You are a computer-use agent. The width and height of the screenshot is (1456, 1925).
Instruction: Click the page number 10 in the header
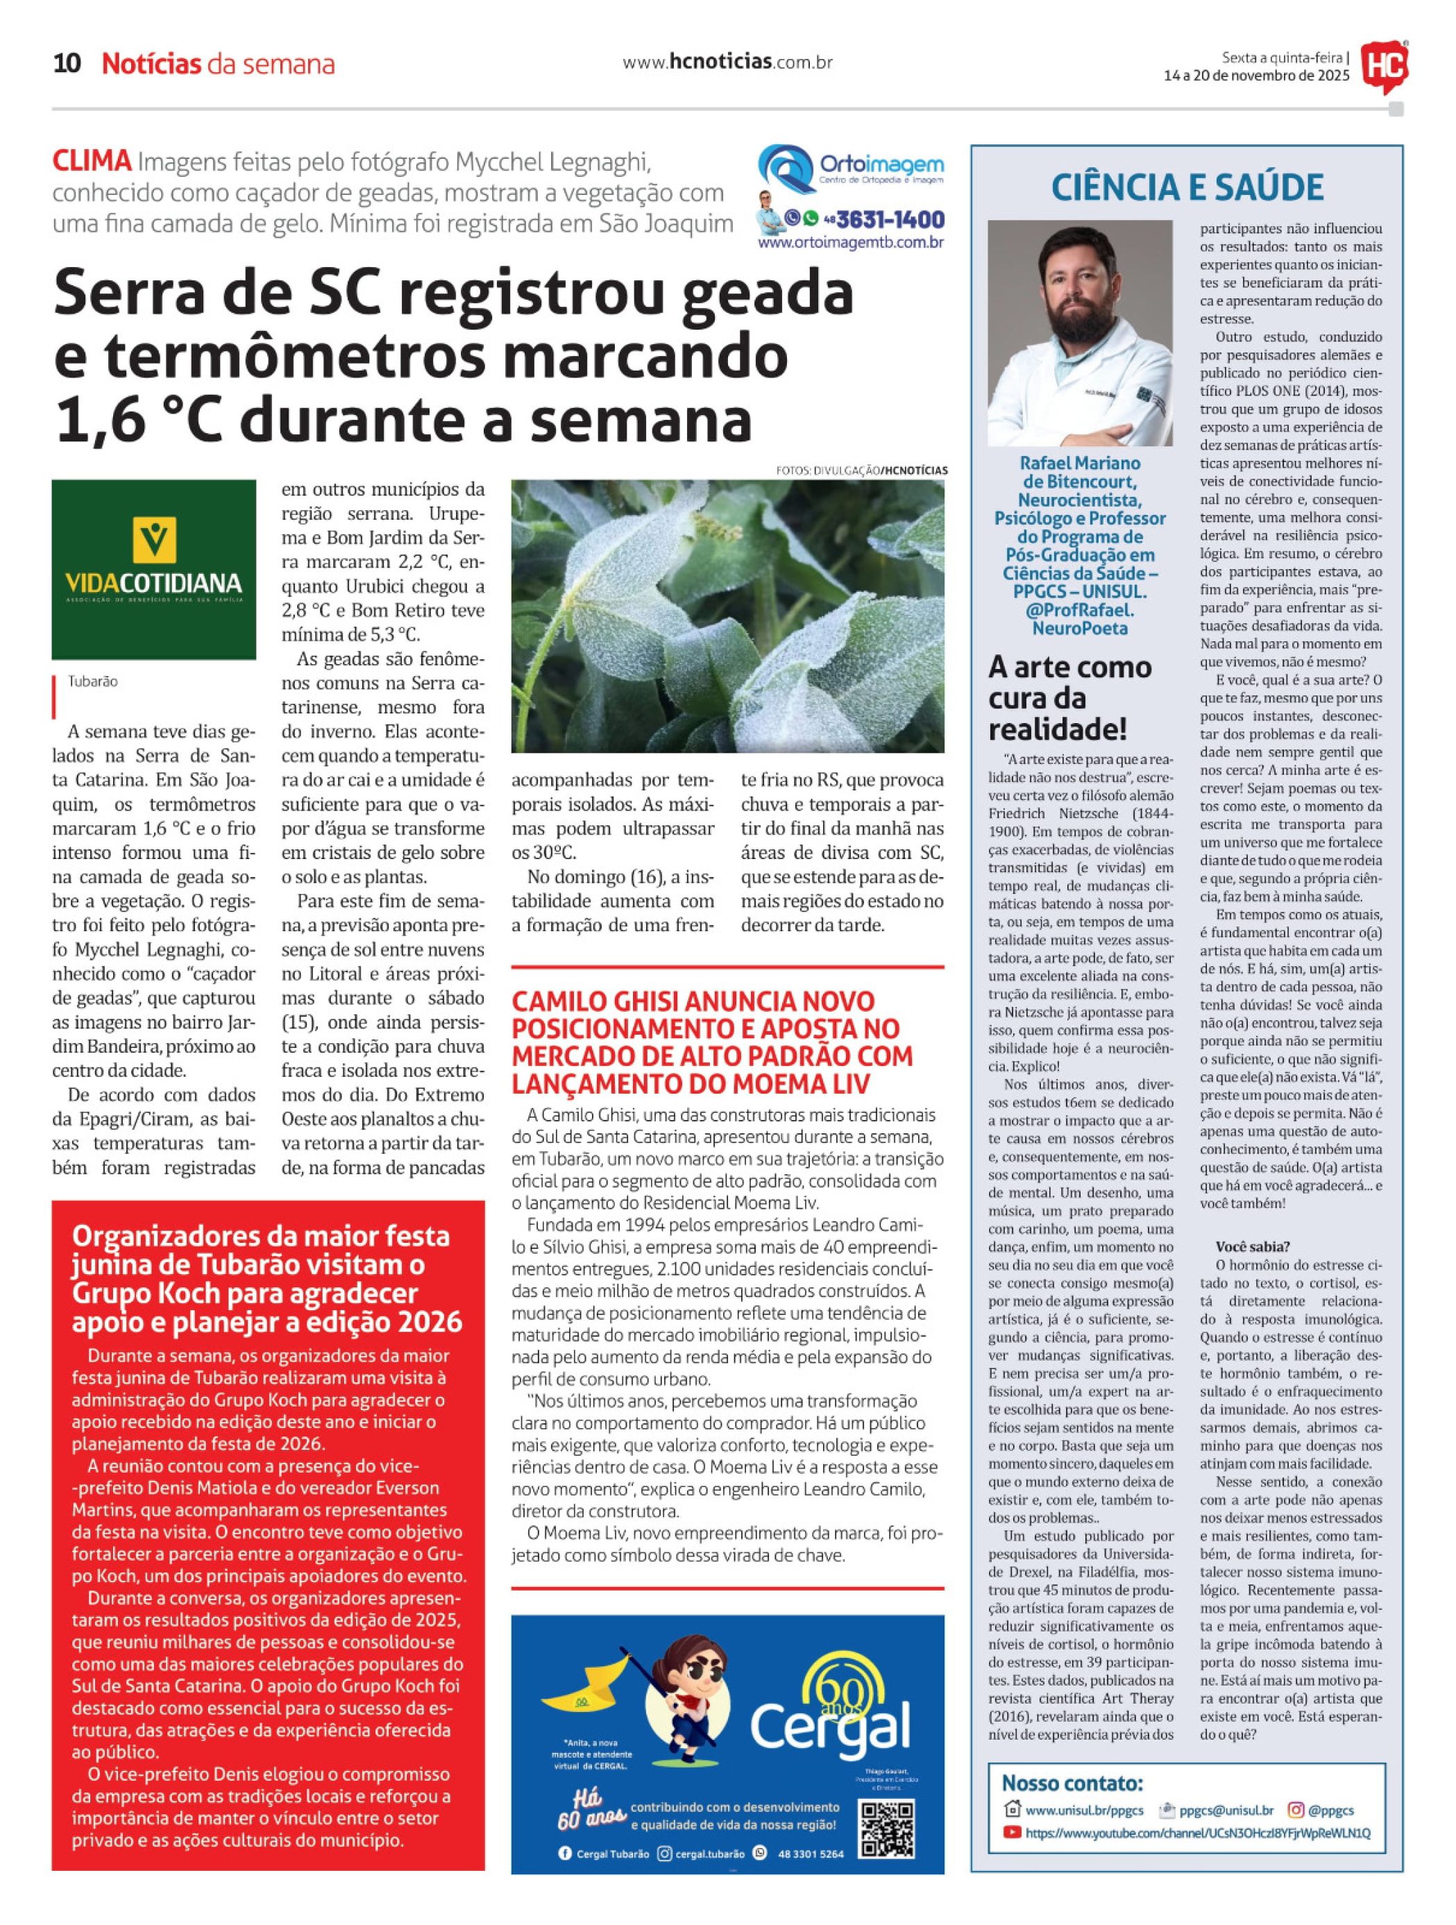point(67,64)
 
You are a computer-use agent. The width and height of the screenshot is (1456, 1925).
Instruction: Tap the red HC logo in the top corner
point(1385,66)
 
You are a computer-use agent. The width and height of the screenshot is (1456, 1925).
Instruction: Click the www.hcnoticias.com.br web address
point(727,62)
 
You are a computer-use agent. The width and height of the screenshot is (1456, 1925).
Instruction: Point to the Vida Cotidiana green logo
point(154,569)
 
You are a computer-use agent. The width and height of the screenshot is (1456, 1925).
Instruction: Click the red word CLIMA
point(92,162)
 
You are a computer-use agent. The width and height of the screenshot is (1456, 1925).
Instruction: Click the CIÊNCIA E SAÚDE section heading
point(1187,187)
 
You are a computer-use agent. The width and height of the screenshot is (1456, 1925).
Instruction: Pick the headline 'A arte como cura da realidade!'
point(1070,698)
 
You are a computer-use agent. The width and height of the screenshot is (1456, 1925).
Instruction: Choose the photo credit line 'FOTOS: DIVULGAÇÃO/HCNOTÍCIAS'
point(861,470)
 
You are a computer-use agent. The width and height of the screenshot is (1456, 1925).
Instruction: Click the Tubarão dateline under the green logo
point(92,681)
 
